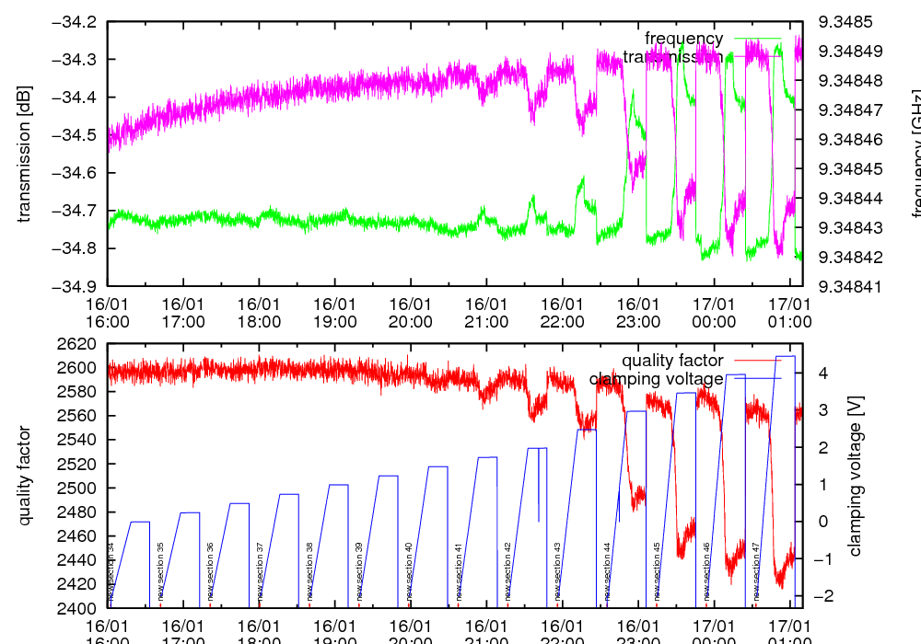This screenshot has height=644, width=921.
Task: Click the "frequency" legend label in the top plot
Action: click(683, 39)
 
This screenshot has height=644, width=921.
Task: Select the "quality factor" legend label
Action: click(672, 361)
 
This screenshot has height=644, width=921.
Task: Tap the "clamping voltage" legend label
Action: click(656, 379)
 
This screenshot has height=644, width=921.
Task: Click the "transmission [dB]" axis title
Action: click(25, 154)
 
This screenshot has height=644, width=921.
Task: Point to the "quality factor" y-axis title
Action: click(25, 476)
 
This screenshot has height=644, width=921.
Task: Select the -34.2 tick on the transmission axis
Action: click(75, 22)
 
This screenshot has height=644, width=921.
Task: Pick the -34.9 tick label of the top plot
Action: click(75, 286)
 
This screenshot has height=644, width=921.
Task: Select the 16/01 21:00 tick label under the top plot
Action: click(486, 312)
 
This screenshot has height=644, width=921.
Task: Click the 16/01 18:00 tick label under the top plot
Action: click(259, 312)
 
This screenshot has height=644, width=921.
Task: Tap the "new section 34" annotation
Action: click(111, 571)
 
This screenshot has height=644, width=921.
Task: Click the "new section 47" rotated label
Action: click(756, 571)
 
